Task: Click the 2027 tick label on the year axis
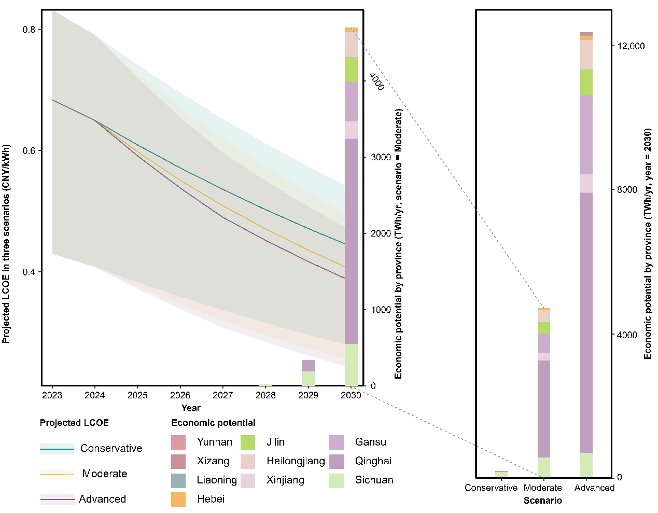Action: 222,395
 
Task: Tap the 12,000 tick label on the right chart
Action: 631,46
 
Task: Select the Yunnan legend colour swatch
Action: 178,442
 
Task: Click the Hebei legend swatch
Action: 178,500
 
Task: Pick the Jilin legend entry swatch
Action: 248,442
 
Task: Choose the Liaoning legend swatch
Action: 178,480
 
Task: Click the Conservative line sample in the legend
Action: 57,449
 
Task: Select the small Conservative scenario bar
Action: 501,474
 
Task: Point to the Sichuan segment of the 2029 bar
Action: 308,378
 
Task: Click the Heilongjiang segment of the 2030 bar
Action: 351,45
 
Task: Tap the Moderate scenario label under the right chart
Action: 542,488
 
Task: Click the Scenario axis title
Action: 542,501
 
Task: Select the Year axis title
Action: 191,408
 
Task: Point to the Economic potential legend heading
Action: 213,423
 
